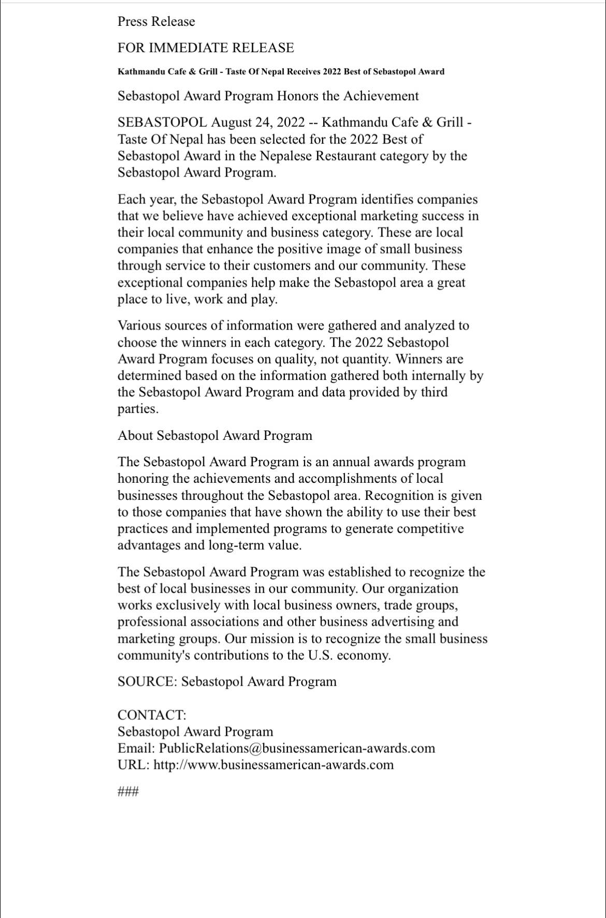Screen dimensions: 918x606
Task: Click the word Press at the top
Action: [133, 22]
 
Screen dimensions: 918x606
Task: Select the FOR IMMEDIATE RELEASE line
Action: [206, 48]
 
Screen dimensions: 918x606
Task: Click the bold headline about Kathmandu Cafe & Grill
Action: [281, 72]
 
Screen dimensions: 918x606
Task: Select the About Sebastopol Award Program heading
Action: [215, 436]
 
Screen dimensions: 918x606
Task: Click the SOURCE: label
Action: [148, 682]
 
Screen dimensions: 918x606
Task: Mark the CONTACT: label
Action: [152, 715]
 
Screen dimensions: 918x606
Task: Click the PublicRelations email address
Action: [297, 748]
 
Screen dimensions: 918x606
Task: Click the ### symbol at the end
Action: [128, 791]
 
